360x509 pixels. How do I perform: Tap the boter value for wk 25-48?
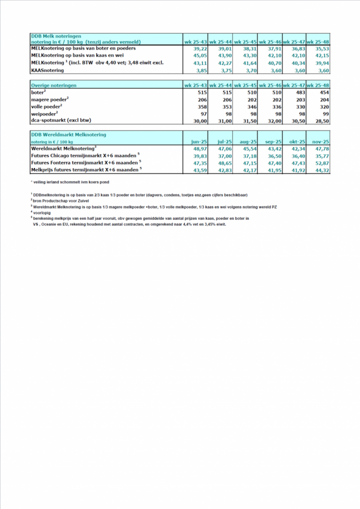click(x=323, y=92)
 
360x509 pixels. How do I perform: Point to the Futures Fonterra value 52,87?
click(x=321, y=163)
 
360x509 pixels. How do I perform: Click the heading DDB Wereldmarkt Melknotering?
click(x=69, y=135)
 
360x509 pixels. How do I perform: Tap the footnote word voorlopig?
click(x=43, y=213)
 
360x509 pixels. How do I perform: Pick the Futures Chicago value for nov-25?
click(x=321, y=156)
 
